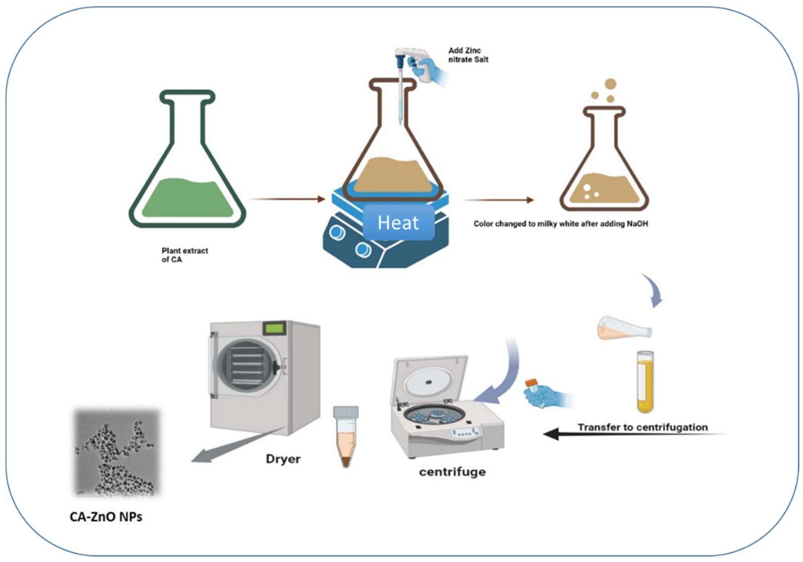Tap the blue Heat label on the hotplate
[x=398, y=223]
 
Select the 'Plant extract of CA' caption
[x=184, y=255]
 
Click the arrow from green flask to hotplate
[x=288, y=199]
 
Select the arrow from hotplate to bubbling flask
[x=497, y=200]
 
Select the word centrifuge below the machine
[x=452, y=472]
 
